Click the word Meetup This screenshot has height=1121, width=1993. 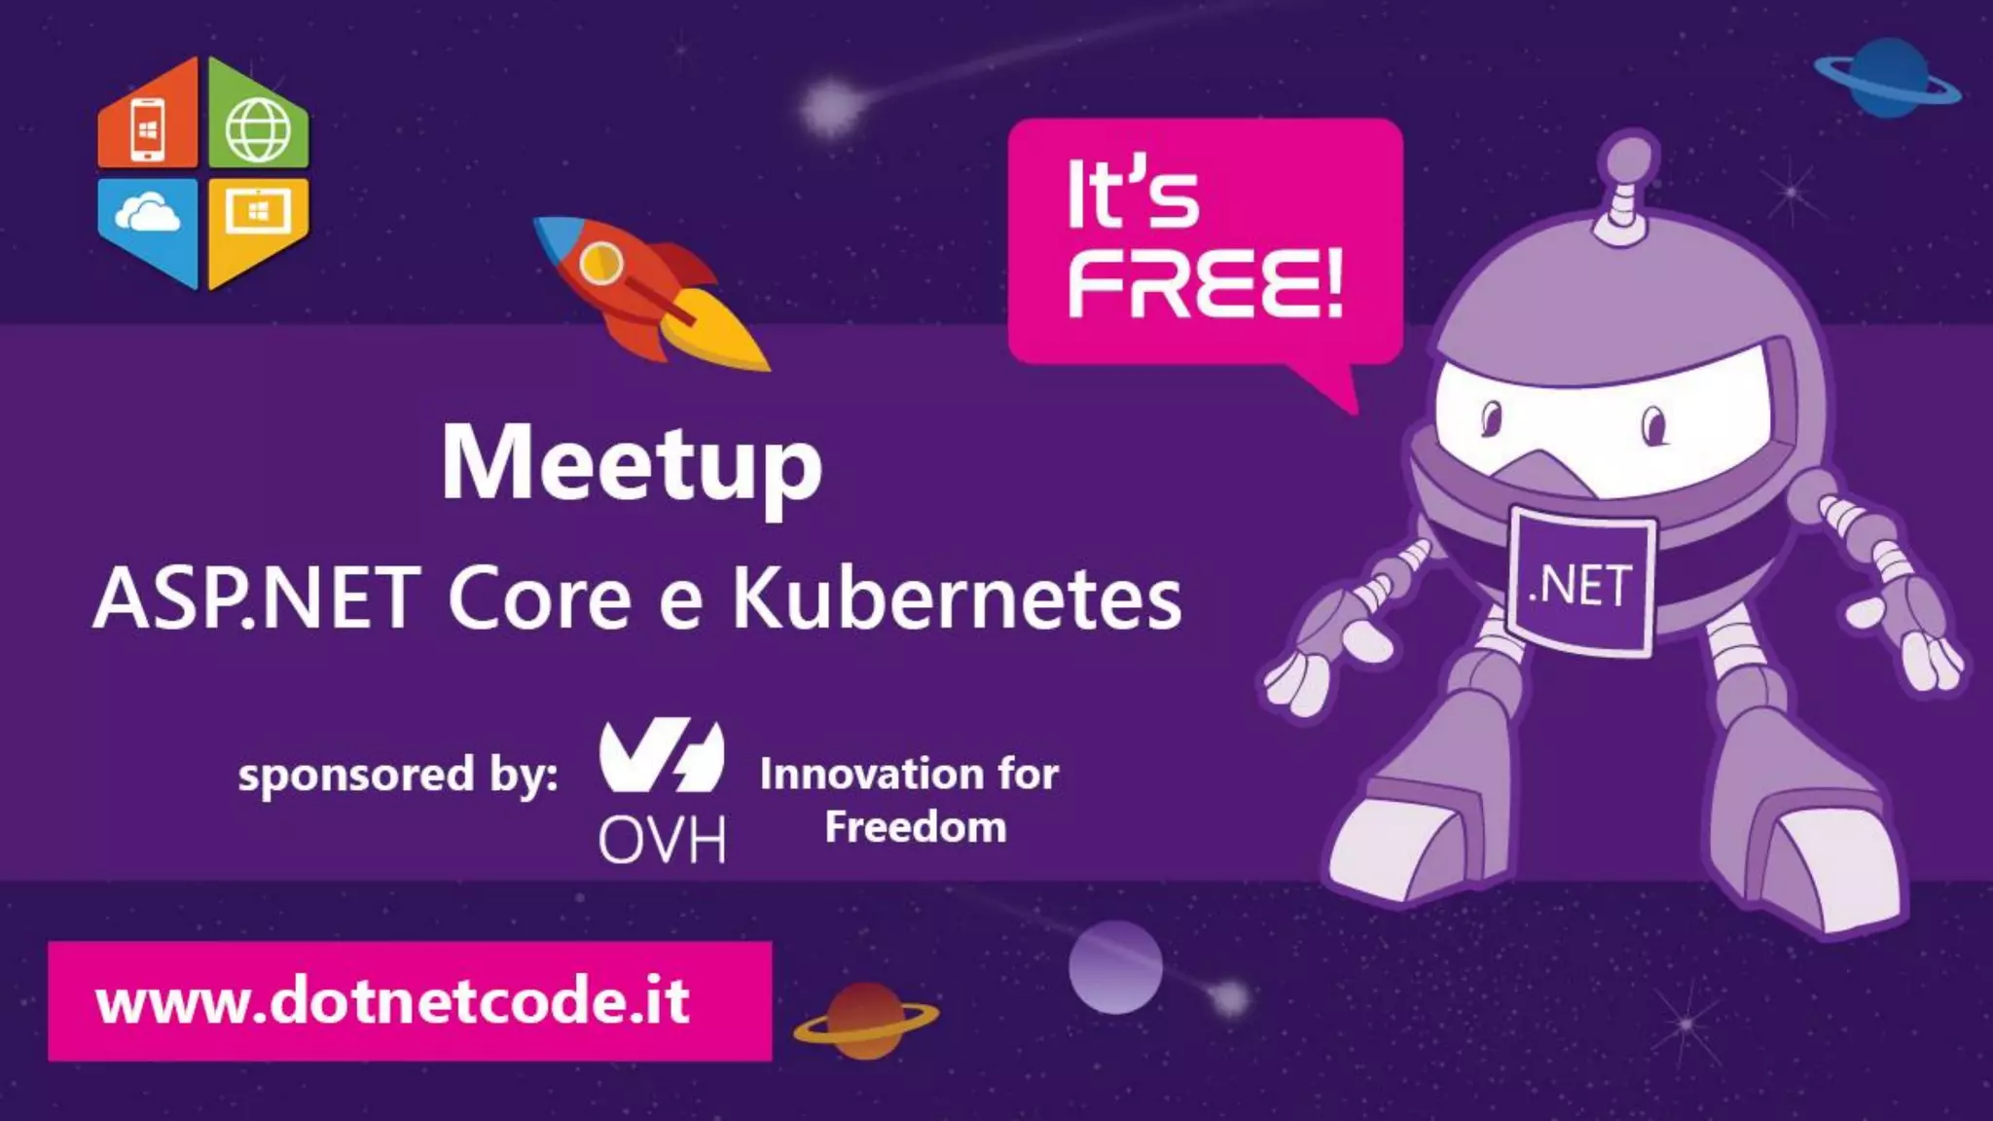pos(632,464)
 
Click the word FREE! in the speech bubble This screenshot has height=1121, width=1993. pos(1205,283)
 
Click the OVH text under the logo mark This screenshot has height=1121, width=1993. pos(662,840)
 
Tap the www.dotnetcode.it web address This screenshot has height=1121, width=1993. pos(393,1001)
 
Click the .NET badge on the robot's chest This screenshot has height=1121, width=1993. pos(1580,584)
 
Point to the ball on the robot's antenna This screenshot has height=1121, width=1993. pos(1628,159)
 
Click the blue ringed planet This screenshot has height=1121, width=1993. pos(1888,80)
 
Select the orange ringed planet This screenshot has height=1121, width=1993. pos(865,1020)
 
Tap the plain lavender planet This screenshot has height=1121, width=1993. pos(1115,967)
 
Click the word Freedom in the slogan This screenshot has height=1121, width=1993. pos(916,827)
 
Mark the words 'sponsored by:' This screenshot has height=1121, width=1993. pos(398,776)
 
